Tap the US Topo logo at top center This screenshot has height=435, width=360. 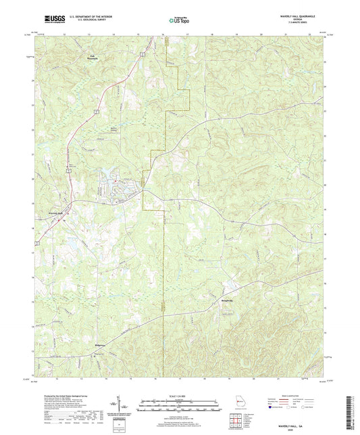click(175, 20)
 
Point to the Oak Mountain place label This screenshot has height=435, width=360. click(93, 58)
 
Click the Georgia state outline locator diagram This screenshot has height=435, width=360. click(236, 405)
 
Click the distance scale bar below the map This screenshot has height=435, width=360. click(180, 407)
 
